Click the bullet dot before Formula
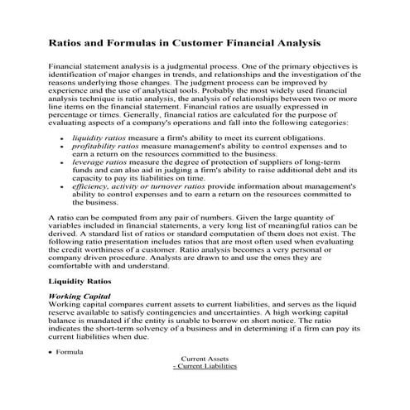(x=51, y=353)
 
